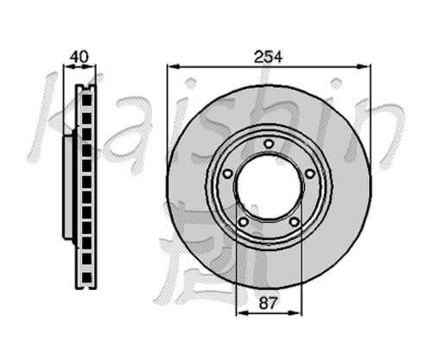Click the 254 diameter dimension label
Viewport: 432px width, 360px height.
(268, 57)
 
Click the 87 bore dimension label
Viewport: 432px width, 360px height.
(268, 303)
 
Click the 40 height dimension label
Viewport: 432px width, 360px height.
(79, 57)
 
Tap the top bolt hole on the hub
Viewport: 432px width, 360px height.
(269, 143)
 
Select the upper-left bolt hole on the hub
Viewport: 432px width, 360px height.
(228, 174)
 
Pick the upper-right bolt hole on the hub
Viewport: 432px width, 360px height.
(310, 174)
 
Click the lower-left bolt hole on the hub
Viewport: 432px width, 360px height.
(244, 222)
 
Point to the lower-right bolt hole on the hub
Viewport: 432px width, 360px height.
(294, 222)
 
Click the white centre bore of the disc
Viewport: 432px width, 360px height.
(269, 186)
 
